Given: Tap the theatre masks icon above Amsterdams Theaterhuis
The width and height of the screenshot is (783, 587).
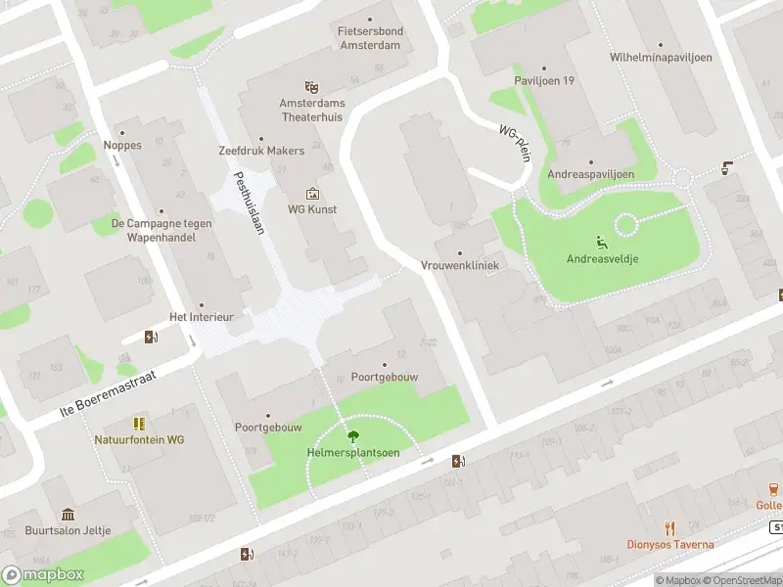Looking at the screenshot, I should tap(312, 88).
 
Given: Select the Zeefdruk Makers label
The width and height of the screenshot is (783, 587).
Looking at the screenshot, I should tap(261, 151).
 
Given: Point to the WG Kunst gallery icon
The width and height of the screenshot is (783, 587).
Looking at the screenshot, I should tap(312, 194).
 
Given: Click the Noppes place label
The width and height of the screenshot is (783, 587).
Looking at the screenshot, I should tap(122, 145).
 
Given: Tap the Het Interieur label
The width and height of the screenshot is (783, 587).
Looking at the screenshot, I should tap(201, 317).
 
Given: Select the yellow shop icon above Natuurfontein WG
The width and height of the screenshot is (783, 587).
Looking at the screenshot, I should tap(139, 423).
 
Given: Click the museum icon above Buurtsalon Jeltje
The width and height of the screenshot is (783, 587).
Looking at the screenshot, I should tap(68, 515).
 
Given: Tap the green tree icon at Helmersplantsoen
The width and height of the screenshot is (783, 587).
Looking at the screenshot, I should tap(352, 436).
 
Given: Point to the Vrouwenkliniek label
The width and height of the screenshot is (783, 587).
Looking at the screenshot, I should tap(460, 265).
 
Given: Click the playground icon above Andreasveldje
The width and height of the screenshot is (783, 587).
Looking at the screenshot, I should tap(601, 243).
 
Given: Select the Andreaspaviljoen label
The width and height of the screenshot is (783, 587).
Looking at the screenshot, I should tap(590, 174).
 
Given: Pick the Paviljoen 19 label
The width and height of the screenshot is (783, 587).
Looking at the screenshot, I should tap(544, 80).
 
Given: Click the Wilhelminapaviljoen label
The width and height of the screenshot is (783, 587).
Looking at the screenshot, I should tap(661, 57).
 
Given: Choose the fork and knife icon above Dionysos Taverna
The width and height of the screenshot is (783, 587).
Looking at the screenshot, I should tap(670, 528).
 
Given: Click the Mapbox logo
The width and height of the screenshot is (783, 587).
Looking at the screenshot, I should tap(41, 575).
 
